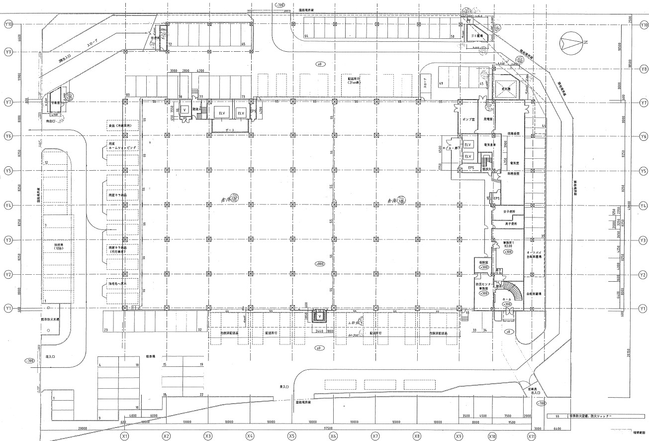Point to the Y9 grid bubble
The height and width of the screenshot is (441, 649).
tap(8, 52)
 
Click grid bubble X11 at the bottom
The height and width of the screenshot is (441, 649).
tap(532, 436)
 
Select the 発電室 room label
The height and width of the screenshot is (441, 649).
tap(488, 120)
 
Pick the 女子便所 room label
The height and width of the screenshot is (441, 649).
tap(507, 212)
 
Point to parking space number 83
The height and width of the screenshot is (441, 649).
tap(128, 95)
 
